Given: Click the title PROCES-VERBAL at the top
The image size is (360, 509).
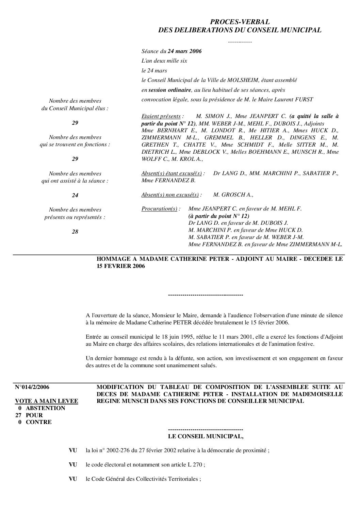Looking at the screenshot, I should click(240, 22).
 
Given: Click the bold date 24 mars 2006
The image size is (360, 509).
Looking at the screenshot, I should click(185, 51).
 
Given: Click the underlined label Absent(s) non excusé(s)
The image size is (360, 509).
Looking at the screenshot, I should click(170, 195).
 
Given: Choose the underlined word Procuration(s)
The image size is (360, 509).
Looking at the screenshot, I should click(159, 209).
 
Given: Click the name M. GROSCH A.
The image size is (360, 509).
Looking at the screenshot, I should click(232, 195).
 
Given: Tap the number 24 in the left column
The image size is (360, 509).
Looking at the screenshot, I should click(75, 196).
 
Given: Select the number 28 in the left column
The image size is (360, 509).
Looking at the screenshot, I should click(75, 232).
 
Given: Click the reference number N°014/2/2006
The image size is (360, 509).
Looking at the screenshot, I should click(32, 387).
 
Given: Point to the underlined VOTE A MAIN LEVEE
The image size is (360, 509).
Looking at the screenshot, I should click(47, 401).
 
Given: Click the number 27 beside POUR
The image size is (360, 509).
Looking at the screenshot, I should click(19, 415).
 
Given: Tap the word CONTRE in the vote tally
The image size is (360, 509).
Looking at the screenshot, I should click(39, 422).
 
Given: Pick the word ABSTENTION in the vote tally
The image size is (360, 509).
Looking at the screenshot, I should click(45, 408).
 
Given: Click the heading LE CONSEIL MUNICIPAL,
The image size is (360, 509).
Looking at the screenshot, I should click(206, 436).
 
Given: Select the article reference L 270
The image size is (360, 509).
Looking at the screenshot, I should click(195, 465).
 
